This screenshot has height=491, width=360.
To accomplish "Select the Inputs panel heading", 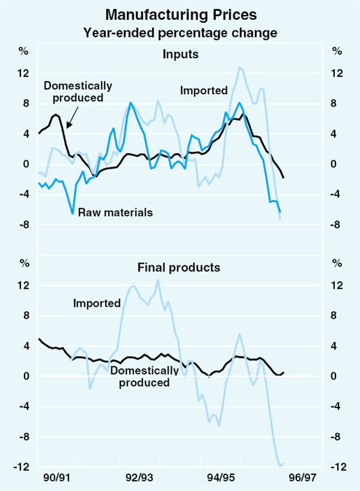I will click(181, 55).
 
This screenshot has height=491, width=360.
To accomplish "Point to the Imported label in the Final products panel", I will click(97, 303).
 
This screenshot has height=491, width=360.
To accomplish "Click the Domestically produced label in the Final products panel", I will click(144, 376).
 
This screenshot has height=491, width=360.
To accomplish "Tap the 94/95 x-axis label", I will click(221, 478).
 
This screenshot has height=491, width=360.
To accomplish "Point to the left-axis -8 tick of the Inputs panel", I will click(23, 225).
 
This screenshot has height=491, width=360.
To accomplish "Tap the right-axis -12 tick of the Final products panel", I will click(337, 468).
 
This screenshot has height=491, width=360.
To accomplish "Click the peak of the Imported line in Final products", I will click(158, 280).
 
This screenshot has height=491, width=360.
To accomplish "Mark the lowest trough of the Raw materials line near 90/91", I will click(73, 213).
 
